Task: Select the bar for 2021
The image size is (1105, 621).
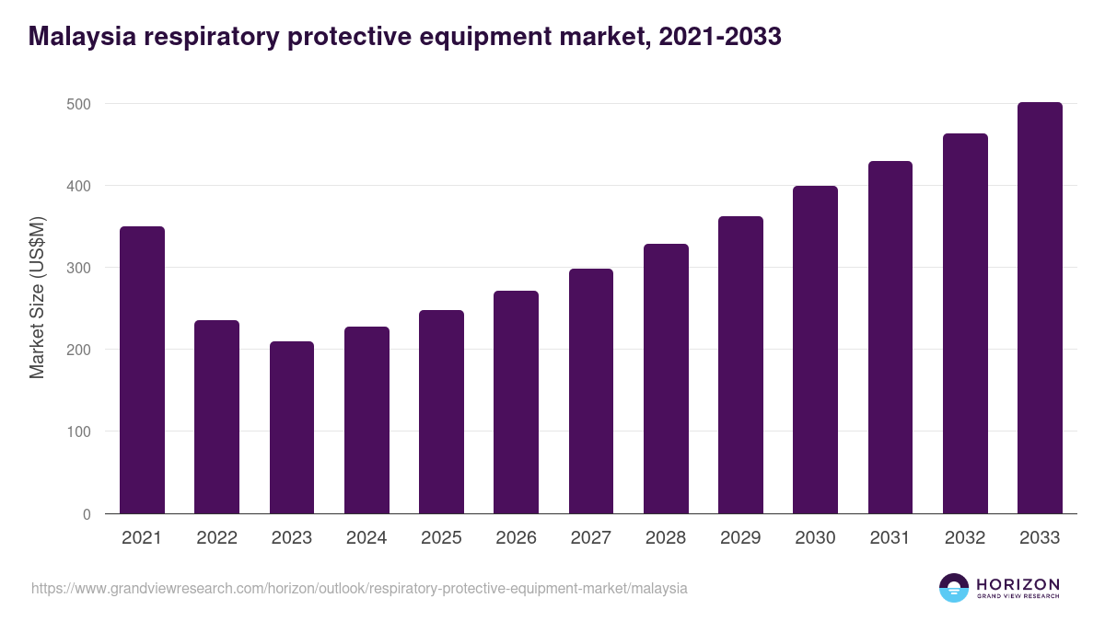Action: coord(142,370)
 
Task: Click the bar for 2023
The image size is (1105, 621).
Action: coord(292,428)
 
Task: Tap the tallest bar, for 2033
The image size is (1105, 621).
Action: coord(1040,308)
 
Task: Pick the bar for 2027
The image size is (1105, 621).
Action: coord(591,391)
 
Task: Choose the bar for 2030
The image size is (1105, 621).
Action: coord(815,350)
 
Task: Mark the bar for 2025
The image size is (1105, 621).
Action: coord(441,412)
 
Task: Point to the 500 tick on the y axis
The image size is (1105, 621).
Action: coord(80,104)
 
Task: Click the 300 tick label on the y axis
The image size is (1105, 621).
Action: coord(80,268)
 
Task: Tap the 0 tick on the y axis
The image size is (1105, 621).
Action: coord(87,514)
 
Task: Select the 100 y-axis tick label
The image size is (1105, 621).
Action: coord(80,431)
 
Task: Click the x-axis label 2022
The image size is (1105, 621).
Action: coord(216,538)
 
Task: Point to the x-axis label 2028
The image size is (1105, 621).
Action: coord(666,538)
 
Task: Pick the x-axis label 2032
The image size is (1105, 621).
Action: coord(965,538)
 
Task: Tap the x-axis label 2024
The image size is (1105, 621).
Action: coord(366,538)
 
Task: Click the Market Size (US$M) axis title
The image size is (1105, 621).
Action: coord(37,298)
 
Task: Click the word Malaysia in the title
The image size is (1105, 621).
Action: coord(78,37)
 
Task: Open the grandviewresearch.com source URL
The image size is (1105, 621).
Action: coord(359,588)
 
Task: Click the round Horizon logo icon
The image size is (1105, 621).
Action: coord(954,588)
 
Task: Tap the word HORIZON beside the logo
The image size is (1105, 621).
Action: coord(1018,584)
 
